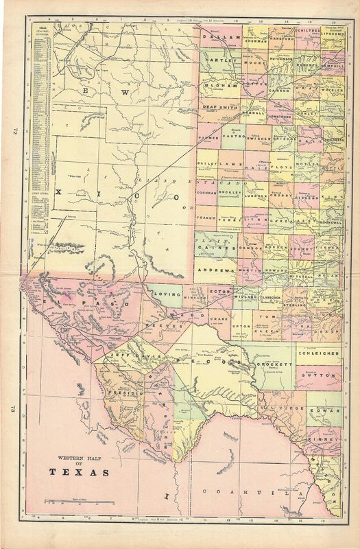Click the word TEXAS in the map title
point(78,472)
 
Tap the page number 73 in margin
point(12,410)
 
